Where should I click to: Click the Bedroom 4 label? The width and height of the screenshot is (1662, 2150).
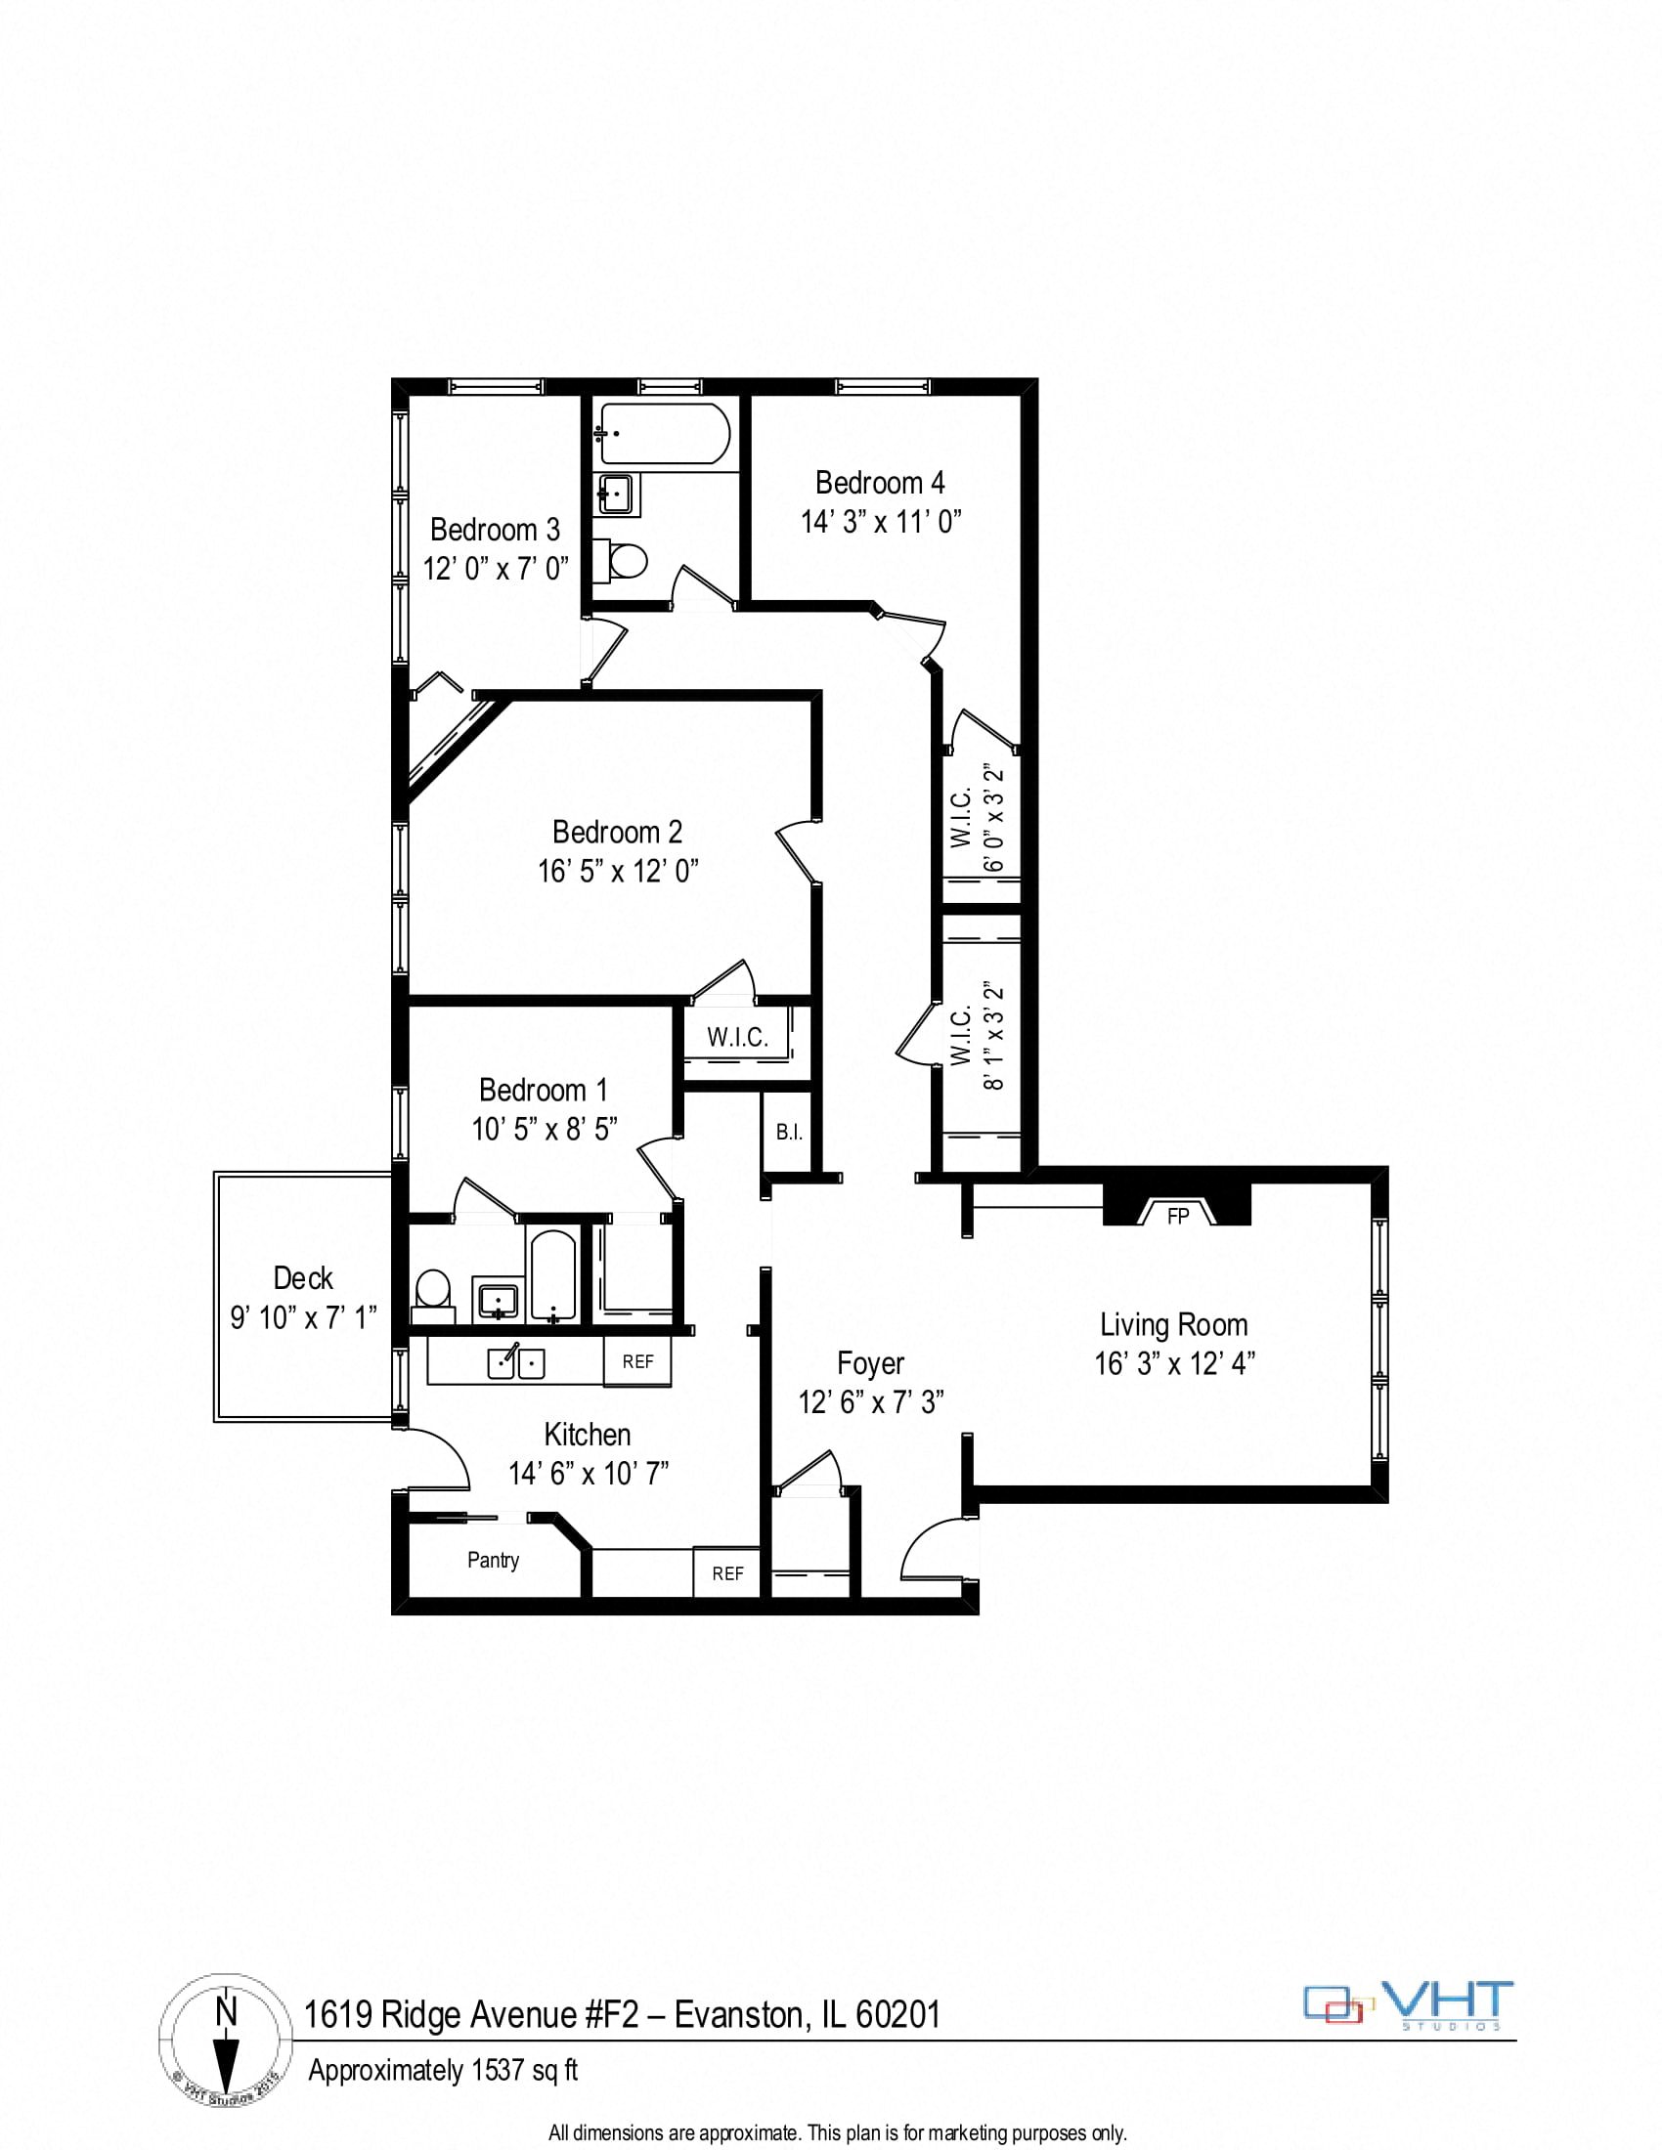879,483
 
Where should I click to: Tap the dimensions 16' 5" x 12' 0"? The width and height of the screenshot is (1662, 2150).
617,871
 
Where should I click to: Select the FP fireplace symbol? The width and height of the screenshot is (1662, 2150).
1178,1216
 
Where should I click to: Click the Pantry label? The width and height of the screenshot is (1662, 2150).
493,1560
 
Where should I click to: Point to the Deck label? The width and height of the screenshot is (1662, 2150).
302,1278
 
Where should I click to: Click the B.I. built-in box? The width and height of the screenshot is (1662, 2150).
789,1132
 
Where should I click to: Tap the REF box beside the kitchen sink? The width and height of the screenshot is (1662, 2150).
637,1361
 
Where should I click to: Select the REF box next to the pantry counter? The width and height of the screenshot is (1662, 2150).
727,1573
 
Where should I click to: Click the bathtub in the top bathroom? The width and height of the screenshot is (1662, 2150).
665,434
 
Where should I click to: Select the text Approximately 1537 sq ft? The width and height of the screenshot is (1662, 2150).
443,2071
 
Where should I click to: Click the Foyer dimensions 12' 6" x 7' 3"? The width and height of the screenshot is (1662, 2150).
870,1400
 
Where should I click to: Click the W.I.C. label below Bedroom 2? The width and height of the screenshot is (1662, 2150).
736,1037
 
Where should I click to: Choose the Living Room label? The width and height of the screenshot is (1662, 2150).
1172,1324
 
